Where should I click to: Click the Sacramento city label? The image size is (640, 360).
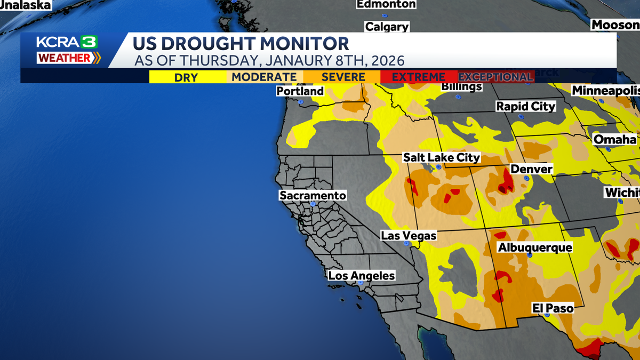(x=313, y=196)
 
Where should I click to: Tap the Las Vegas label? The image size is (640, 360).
(x=409, y=235)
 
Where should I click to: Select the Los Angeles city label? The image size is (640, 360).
(x=362, y=276)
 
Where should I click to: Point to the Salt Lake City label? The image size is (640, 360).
(x=442, y=157)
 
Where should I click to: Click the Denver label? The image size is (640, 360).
(x=531, y=169)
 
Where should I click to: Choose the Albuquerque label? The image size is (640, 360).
(x=534, y=247)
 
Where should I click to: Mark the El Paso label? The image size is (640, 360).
(x=553, y=308)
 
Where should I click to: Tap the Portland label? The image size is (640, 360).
(x=300, y=91)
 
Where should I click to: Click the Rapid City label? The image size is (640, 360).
(x=526, y=106)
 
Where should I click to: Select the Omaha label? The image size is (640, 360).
(x=615, y=140)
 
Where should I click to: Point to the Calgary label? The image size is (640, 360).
(x=387, y=27)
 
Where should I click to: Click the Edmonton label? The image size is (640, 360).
(x=386, y=4)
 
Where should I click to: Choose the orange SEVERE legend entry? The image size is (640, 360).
(x=342, y=77)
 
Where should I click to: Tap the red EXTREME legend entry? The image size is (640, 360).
(x=419, y=77)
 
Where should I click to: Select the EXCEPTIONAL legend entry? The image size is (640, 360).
(x=495, y=77)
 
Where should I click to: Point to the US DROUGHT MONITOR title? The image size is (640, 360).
(x=241, y=44)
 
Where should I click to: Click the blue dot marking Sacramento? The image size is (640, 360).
(x=313, y=204)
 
